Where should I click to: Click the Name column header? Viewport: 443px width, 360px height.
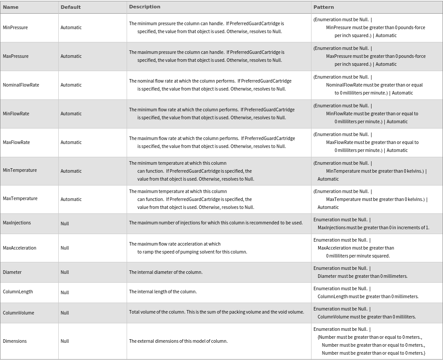(11, 7)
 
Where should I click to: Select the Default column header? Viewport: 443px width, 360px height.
(71, 7)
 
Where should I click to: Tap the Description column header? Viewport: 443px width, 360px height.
(144, 7)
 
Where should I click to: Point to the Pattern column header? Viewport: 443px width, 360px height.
(323, 7)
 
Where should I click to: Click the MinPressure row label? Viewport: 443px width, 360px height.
(15, 27)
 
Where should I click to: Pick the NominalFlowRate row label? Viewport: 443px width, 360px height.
(21, 85)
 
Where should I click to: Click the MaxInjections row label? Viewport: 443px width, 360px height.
(17, 223)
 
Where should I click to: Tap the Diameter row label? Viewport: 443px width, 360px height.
(12, 272)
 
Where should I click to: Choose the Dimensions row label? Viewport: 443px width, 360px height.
(15, 341)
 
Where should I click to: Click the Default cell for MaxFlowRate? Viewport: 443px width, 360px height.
(71, 142)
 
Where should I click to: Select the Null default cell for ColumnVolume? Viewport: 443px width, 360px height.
(65, 313)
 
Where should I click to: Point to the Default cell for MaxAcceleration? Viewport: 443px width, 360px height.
(65, 248)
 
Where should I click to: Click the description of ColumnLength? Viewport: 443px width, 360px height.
(163, 292)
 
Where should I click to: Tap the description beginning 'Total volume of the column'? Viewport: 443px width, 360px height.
(216, 312)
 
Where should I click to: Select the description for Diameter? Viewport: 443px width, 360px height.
(165, 272)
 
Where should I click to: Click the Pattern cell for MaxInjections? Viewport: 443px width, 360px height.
(371, 224)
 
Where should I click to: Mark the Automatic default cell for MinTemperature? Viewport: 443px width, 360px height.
(71, 171)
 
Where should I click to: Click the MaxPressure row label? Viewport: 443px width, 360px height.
(15, 56)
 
